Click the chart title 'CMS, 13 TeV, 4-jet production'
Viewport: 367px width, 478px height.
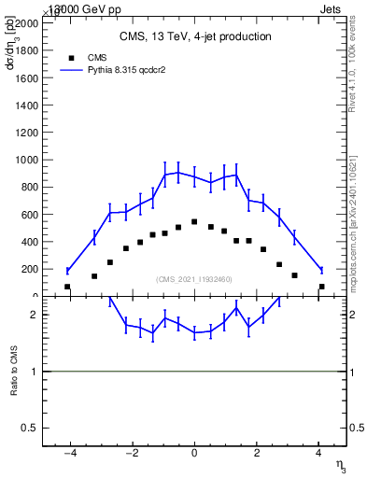coord(194,37)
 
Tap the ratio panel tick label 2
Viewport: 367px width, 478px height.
coord(34,315)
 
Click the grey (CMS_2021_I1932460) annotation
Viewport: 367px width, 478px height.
coord(194,278)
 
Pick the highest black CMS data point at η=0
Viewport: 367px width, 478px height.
coord(194,222)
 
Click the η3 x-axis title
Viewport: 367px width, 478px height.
coord(339,468)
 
